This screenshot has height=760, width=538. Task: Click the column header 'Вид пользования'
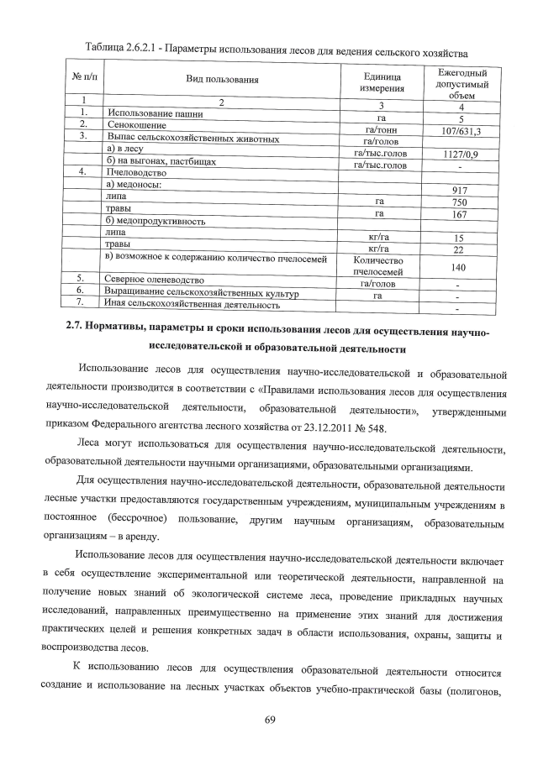click(222, 80)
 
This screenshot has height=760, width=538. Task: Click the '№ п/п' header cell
click(81, 80)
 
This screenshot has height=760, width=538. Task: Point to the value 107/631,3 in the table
click(460, 131)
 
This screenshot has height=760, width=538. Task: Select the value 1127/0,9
click(461, 155)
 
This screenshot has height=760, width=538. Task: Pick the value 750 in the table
click(459, 202)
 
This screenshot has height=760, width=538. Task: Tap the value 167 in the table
click(459, 214)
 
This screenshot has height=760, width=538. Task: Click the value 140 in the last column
click(459, 266)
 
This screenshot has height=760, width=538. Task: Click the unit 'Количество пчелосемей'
click(381, 266)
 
